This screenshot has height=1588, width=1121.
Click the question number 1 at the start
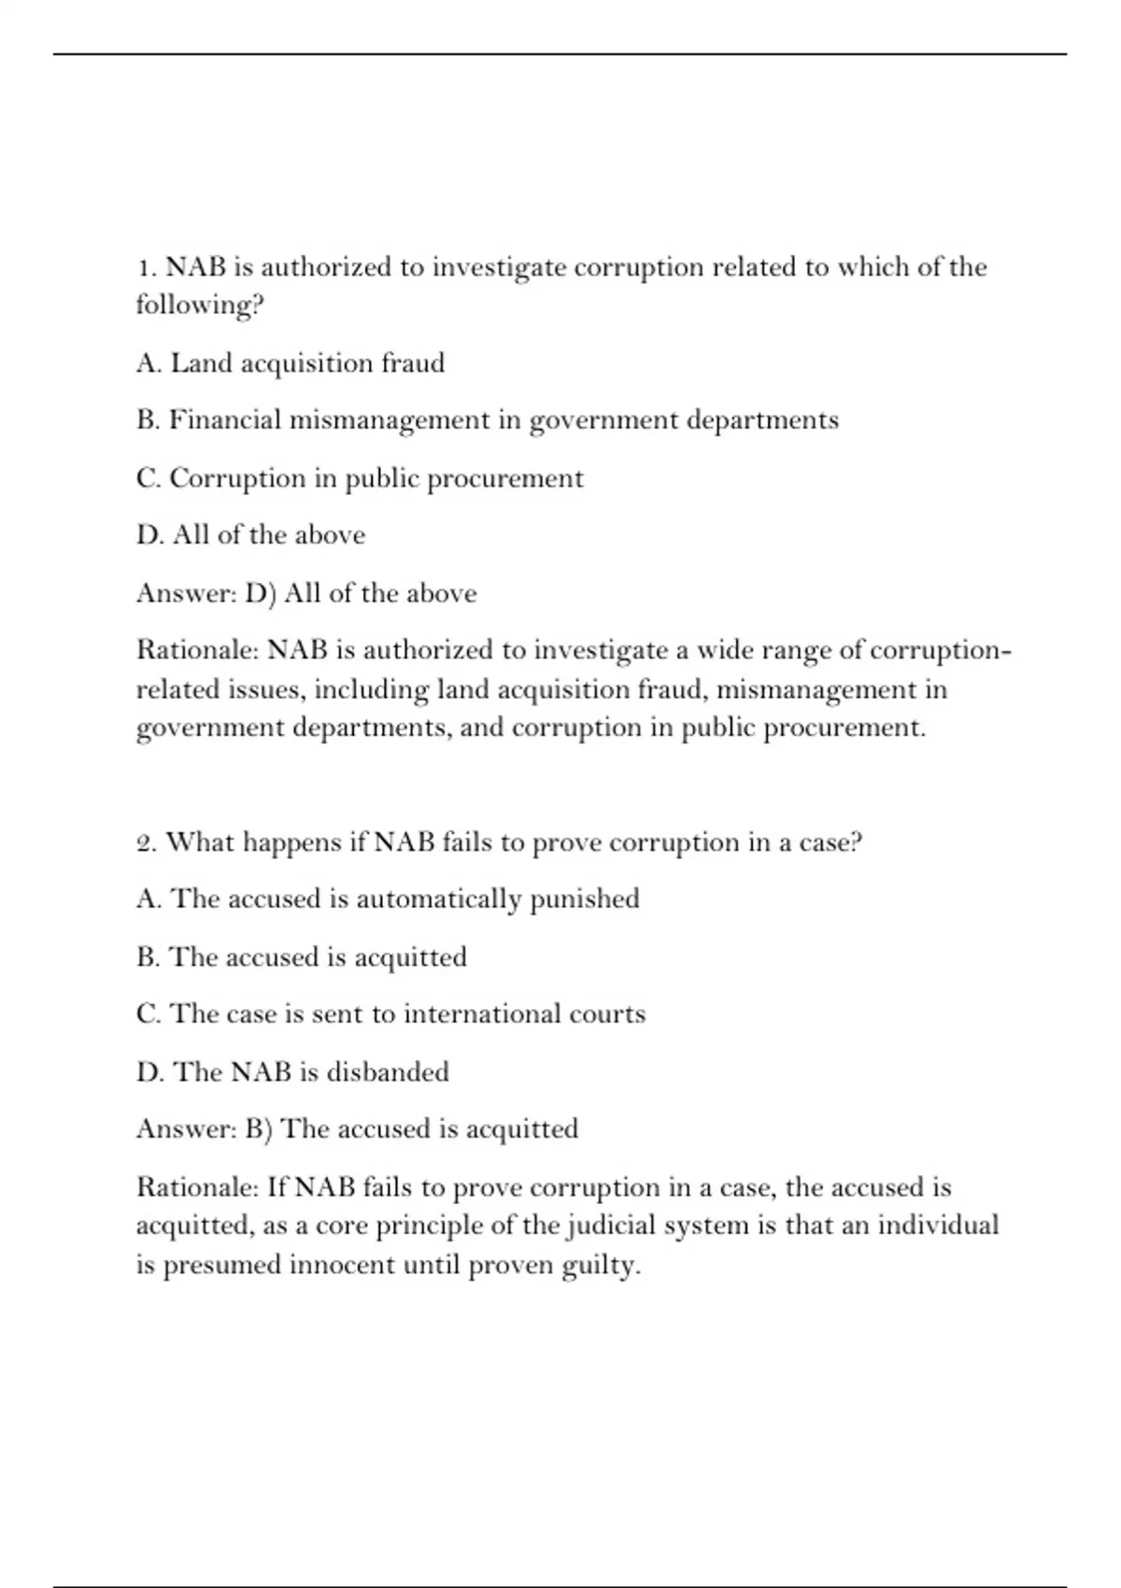pyautogui.click(x=145, y=268)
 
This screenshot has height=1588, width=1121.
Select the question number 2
pyautogui.click(x=146, y=844)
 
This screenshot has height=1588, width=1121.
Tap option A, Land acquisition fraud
pyautogui.click(x=290, y=363)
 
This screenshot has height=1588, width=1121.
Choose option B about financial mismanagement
pyautogui.click(x=487, y=421)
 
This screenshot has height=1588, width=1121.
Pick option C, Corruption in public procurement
pyautogui.click(x=360, y=479)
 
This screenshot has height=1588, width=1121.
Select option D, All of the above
pyautogui.click(x=250, y=535)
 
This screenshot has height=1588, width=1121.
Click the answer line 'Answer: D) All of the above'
pyautogui.click(x=306, y=593)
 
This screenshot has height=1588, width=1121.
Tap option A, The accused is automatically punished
pyautogui.click(x=388, y=900)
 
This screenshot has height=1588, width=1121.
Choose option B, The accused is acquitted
pyautogui.click(x=301, y=957)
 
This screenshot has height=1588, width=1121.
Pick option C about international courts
pyautogui.click(x=390, y=1014)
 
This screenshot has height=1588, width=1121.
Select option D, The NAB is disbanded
pyautogui.click(x=292, y=1072)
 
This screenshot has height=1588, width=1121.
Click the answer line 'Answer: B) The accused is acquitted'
pyautogui.click(x=357, y=1129)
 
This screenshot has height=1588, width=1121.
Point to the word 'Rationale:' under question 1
pyautogui.click(x=197, y=650)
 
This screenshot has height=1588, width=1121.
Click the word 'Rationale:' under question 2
pyautogui.click(x=197, y=1188)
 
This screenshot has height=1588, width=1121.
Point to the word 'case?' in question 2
pyautogui.click(x=830, y=844)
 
